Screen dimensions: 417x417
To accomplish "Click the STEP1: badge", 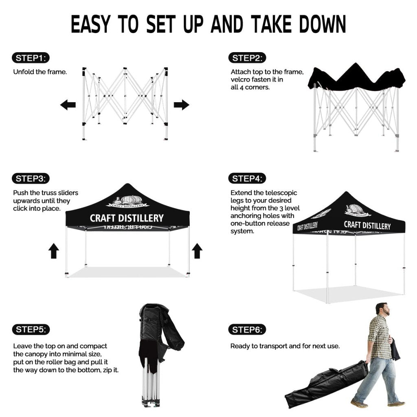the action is coord(31,58).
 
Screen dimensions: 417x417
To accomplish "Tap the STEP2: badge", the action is coord(247,58).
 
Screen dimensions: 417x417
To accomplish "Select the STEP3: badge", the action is coord(31,178).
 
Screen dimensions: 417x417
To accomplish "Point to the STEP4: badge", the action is coord(247,178).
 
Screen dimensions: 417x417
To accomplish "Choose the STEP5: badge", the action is coord(31,329).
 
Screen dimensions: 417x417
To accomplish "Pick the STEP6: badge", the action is coord(247,330).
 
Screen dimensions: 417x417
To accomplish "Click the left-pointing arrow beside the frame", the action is coord(68,105).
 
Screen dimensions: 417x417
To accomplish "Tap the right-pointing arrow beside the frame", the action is coord(181,105).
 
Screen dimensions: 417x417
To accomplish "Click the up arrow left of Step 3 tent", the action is coord(54,250).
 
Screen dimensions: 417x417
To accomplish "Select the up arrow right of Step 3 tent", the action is coord(197,250).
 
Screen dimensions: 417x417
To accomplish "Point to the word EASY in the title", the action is coord(91,24).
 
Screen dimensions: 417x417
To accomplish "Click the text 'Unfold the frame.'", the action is coord(40,72).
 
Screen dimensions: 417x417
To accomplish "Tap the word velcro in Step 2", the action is coord(240,79).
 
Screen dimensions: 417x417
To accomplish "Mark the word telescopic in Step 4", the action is coord(281,193).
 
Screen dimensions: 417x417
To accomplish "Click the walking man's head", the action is coord(383,309).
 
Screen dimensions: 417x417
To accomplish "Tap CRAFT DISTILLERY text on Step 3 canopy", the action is coord(127,218).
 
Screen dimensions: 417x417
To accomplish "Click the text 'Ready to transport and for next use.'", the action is coord(285,346).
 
